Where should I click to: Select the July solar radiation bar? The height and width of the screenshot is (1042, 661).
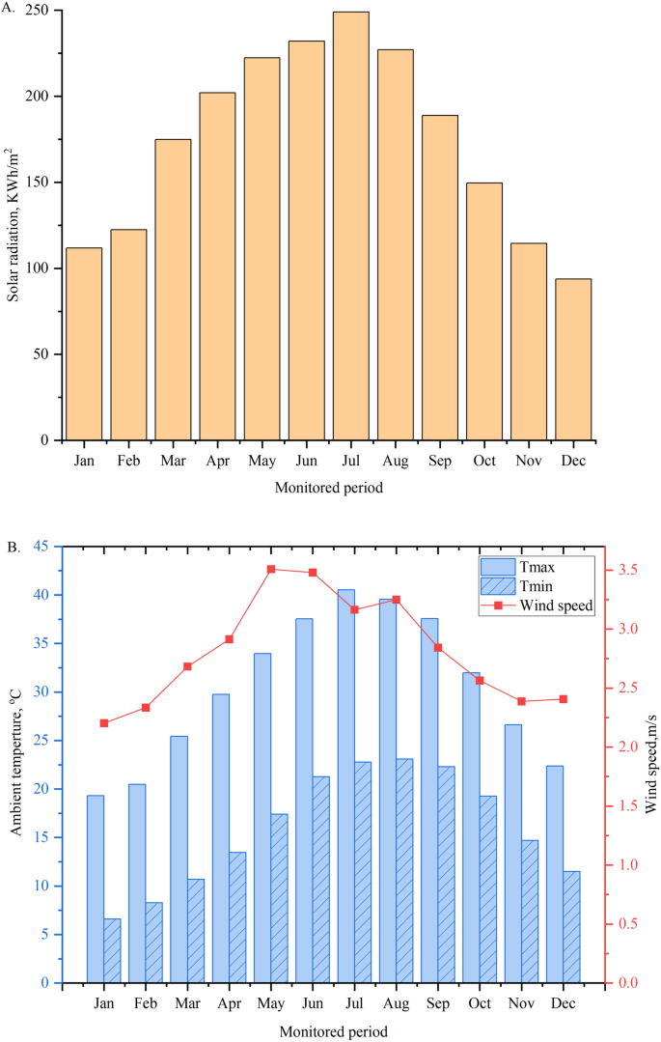(x=351, y=226)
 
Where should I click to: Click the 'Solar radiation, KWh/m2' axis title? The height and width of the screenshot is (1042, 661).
(x=14, y=225)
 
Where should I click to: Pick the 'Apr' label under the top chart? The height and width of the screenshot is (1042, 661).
(x=217, y=461)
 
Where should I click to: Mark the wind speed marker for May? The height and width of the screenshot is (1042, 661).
(x=271, y=570)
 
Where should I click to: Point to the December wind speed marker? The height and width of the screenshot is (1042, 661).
(x=564, y=699)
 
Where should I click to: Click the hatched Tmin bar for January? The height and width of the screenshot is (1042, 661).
(x=112, y=950)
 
